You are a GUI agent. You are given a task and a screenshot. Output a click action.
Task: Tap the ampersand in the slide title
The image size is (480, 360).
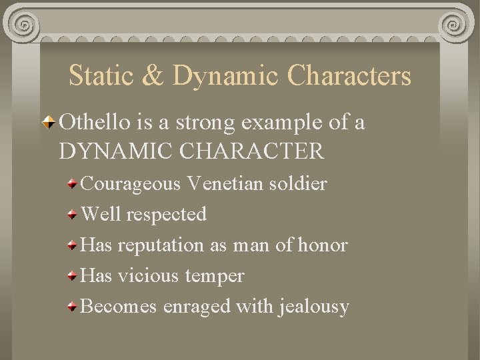click(x=153, y=76)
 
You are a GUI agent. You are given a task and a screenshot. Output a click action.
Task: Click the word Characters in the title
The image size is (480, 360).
click(x=349, y=76)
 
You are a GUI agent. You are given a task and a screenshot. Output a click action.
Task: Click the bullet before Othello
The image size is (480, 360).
click(x=50, y=123)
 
